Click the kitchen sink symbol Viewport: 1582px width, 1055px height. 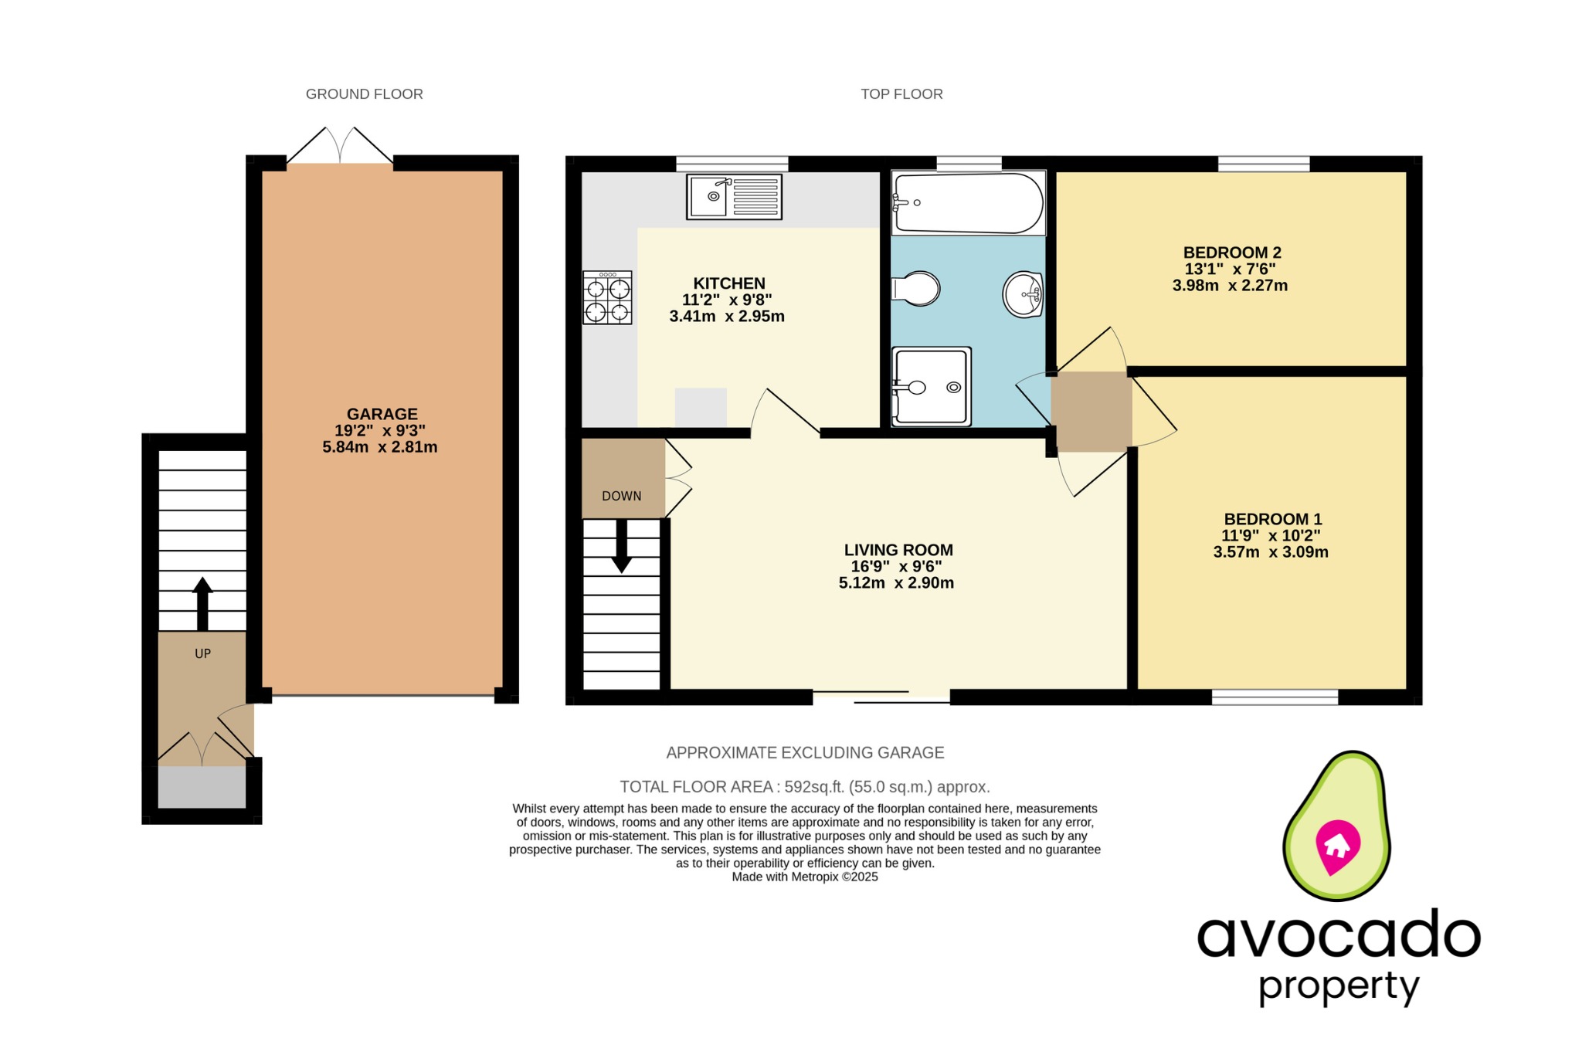point(734,196)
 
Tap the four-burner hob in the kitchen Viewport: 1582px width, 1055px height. point(607,297)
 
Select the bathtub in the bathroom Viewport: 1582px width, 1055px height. point(967,203)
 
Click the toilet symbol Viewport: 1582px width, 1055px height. point(916,289)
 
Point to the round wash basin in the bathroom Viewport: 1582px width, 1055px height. point(1024,294)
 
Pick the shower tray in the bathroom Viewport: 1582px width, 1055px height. point(931,386)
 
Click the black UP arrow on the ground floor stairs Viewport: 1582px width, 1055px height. point(202,603)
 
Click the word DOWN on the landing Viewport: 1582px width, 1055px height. point(622,496)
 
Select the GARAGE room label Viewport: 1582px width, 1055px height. point(382,414)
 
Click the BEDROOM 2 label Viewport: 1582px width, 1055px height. point(1232,253)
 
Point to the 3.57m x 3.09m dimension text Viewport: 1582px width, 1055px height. point(1271,552)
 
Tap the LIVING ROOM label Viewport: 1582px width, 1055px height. point(898,550)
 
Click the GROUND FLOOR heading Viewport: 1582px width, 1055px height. point(364,94)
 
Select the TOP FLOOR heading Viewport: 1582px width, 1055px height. point(901,94)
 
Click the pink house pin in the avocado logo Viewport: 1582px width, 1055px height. point(1337,846)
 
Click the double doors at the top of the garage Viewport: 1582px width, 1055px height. point(340,146)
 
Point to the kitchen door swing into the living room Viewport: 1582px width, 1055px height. point(784,412)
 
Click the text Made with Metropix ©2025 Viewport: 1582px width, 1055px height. point(804,877)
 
